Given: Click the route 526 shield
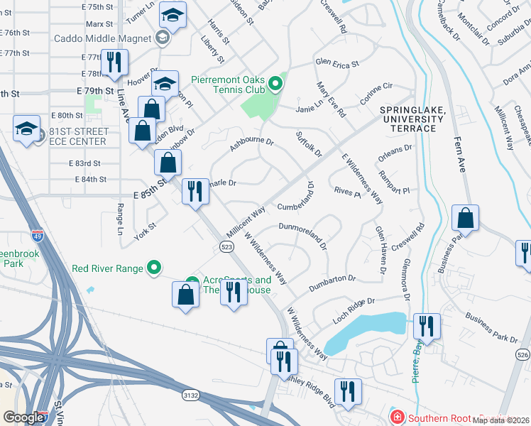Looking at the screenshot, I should pos(523,354).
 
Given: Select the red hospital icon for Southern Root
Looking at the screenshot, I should pos(396,417).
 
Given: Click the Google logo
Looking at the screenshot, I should pos(23,417).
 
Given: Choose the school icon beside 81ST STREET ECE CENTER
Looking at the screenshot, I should pos(26,129).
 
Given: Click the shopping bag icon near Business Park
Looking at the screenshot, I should pos(465,218).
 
